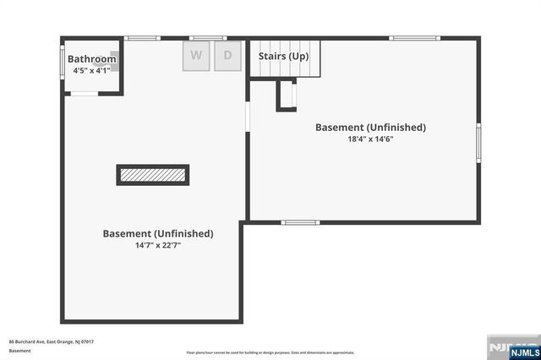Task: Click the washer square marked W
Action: tap(196, 57)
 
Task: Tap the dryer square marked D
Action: tap(227, 57)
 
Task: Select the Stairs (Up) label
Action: tap(284, 56)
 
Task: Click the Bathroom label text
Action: tap(92, 59)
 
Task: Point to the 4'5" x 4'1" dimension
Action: tap(90, 71)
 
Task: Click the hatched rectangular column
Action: tap(152, 175)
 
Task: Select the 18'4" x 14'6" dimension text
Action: tap(370, 139)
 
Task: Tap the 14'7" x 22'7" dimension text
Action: tap(158, 245)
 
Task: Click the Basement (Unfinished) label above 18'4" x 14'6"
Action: tap(370, 128)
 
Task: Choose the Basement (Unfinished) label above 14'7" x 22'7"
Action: tap(158, 233)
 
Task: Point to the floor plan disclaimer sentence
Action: tap(270, 352)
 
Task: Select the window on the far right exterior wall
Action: tap(478, 142)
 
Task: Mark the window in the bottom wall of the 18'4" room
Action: tap(300, 222)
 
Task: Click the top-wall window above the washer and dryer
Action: tap(207, 38)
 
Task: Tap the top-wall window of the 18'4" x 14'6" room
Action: tap(414, 38)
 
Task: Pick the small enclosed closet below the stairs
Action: tap(287, 95)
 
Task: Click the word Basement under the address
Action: tap(20, 350)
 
